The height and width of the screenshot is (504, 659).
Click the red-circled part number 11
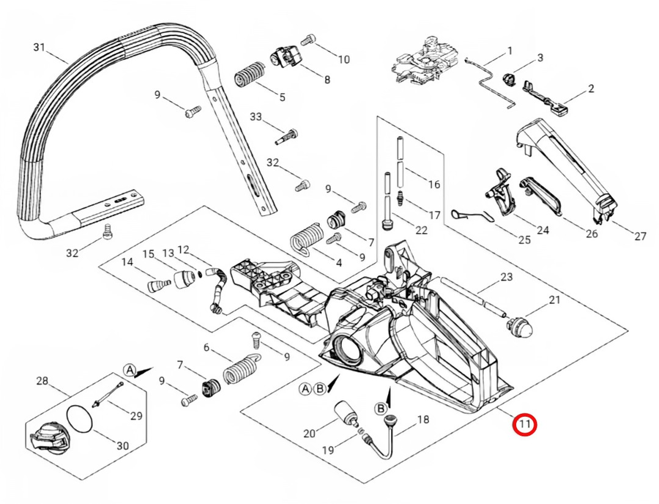click(525, 424)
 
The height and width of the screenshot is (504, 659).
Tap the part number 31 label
click(40, 48)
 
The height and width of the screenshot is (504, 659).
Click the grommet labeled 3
click(510, 75)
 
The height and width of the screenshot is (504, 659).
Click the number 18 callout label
click(422, 420)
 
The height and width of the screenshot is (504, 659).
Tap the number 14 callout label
click(127, 262)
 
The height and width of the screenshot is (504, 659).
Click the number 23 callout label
click(506, 277)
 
